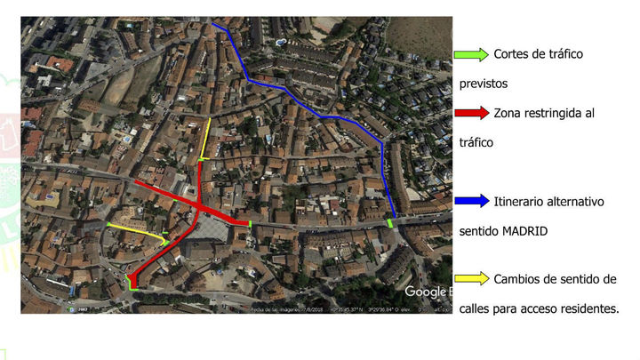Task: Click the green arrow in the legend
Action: (x=470, y=54)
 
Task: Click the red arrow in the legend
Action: (x=470, y=113)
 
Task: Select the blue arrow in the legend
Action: (x=470, y=201)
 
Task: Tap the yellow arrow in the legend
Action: (x=470, y=278)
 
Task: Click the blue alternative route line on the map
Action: (x=311, y=109)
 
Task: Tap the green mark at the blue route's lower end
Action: (x=390, y=222)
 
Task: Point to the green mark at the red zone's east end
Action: (x=251, y=223)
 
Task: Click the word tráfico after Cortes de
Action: (x=564, y=54)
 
